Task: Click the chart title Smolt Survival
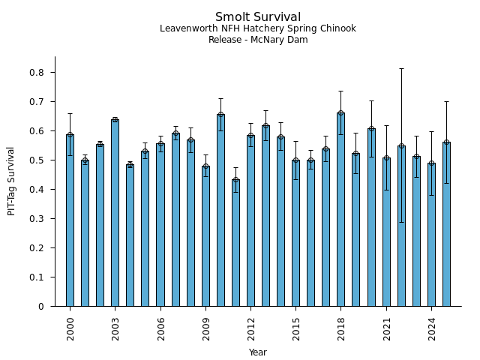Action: (258, 17)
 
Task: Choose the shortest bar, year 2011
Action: (235, 243)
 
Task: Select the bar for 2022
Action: (401, 226)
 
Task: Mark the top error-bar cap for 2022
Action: (401, 69)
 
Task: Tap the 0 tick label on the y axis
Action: (41, 307)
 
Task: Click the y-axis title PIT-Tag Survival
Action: (12, 181)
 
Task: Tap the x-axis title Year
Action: (258, 352)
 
